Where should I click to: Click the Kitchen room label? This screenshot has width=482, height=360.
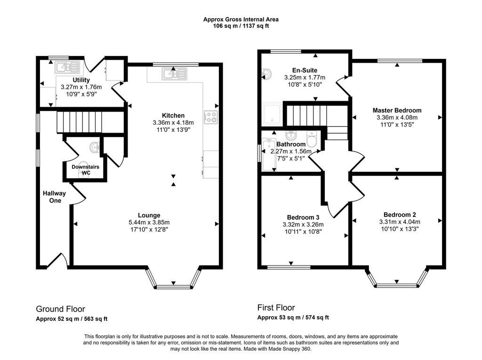coord(173,116)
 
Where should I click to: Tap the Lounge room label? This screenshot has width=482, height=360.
coord(149,216)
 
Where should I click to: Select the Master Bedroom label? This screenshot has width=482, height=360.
coord(397,111)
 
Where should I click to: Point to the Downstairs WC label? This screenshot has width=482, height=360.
coord(86,170)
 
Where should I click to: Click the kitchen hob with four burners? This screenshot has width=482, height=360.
coord(211,117)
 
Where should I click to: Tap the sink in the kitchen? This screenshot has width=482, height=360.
coord(175,74)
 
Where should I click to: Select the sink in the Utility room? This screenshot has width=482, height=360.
coord(67,67)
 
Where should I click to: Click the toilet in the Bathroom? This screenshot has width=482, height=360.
coord(312,139)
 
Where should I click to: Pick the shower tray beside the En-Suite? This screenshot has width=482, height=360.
coord(272,114)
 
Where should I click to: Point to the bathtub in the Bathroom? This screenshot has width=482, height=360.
coord(269,155)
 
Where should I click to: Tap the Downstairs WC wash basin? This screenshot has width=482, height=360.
coord(95,147)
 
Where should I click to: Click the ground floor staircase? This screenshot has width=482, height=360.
coord(79,122)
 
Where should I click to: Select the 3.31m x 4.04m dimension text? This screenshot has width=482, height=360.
coord(400,222)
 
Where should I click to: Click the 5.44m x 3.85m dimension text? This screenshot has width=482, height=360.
coord(149,223)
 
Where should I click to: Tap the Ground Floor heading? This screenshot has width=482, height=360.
coord(61,309)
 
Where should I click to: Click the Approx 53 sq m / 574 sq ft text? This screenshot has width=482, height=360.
coord(293,318)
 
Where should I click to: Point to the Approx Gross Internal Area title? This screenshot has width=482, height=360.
coord(241,19)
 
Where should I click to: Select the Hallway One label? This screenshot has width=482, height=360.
coord(55,197)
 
